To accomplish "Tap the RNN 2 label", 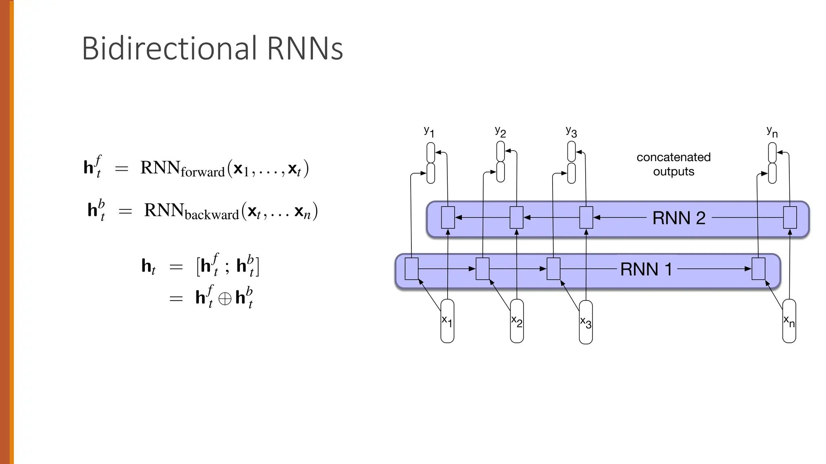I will click(x=679, y=218).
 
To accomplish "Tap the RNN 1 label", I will click(x=646, y=269).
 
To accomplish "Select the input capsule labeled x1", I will click(x=447, y=321).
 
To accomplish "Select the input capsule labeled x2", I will click(x=517, y=321).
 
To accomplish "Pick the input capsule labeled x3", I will click(x=586, y=322).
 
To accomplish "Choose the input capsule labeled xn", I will click(x=789, y=321).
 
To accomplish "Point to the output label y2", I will click(x=500, y=131).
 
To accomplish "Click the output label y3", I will click(x=571, y=131).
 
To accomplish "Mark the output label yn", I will click(x=772, y=131).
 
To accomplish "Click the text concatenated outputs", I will click(x=674, y=164).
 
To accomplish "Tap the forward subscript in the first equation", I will click(x=202, y=172).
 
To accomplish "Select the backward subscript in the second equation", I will click(x=212, y=215).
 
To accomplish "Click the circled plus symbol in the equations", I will click(x=225, y=298).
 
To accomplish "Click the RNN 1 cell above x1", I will click(x=411, y=269).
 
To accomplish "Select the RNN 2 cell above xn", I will click(x=790, y=217).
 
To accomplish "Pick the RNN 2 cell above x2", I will click(x=516, y=217).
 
